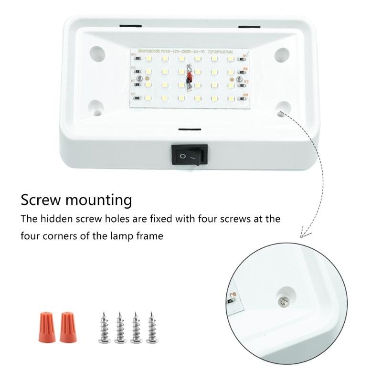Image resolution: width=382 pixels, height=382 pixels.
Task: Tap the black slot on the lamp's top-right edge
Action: (x=249, y=25)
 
